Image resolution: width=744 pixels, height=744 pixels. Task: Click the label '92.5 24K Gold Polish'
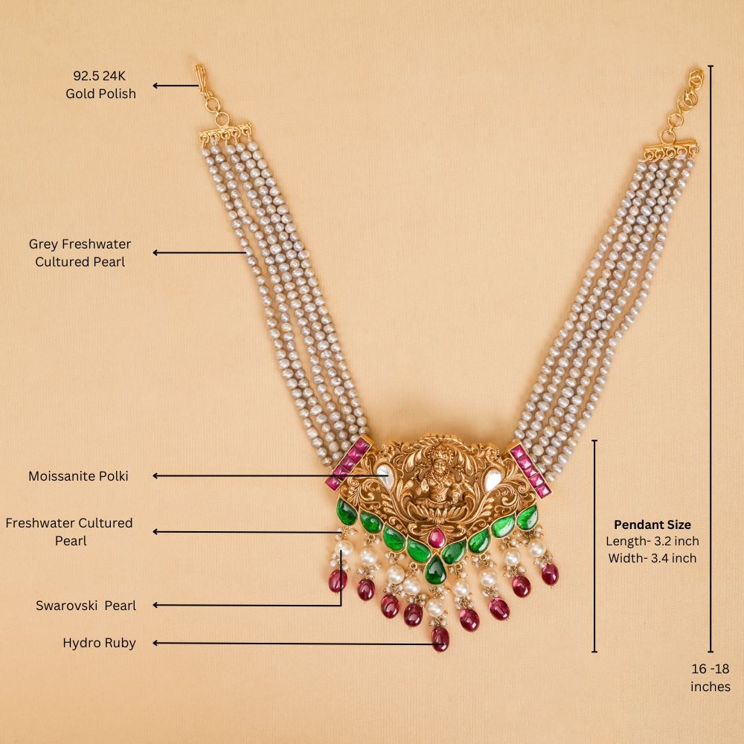pos(100,84)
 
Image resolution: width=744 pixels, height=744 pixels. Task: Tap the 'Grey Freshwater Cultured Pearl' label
pos(80,253)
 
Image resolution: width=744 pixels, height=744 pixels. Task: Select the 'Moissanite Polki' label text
pos(78,475)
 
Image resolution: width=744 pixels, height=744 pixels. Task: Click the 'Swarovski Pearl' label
pos(86,606)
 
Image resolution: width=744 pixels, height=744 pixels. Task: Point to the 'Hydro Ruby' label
pos(99,643)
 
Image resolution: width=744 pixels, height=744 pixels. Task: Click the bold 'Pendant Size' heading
pos(652,525)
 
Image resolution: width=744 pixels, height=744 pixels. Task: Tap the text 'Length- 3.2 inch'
pos(652,541)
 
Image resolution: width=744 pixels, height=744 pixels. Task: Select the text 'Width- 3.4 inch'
pos(652,557)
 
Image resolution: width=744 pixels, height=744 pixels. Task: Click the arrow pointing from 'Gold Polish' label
pos(176,86)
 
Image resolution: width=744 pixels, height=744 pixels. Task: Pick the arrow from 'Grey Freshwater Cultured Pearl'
pos(199,253)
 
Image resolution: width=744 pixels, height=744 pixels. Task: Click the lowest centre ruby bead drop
pos(440,638)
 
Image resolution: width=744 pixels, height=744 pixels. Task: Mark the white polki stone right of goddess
pos(493,477)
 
